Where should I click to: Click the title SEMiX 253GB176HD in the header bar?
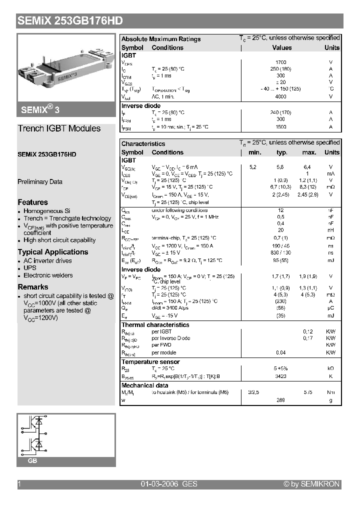pos(70,21)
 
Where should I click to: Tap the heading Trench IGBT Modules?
pos(59,128)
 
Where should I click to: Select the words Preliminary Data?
pos(40,182)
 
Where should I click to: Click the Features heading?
pos(33,202)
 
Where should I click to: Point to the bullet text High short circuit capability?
pos(59,240)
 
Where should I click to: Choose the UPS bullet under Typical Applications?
pos(30,268)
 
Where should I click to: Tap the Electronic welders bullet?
pos(48,275)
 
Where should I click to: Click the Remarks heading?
pos(33,287)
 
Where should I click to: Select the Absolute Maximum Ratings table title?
pos(161,39)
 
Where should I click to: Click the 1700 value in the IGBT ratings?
pos(281,62)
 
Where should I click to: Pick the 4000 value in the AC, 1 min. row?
pos(281,97)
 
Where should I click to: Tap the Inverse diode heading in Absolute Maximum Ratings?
pos(141,106)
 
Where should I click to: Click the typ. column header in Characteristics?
pos(282,152)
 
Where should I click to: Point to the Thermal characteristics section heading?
pos(155,325)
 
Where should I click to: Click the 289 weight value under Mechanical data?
pos(281,400)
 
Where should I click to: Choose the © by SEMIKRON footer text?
pos(311,484)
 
